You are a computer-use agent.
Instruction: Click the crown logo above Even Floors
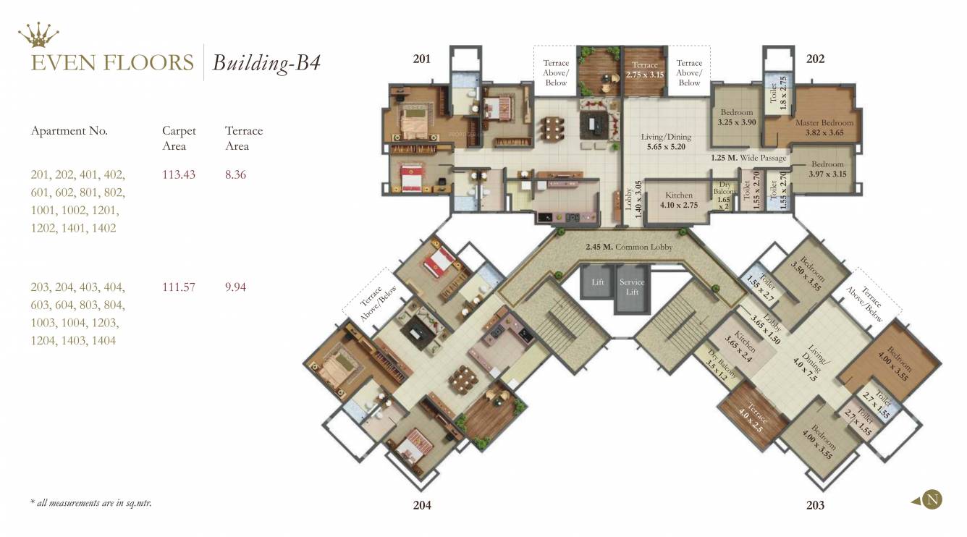(x=38, y=33)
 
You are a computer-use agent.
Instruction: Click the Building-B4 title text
(x=266, y=63)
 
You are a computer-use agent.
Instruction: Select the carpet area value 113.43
(x=179, y=174)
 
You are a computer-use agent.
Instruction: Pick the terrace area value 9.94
(x=235, y=287)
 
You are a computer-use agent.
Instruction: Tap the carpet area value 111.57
(x=179, y=287)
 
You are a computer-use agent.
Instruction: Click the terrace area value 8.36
(x=235, y=174)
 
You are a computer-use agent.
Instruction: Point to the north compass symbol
(x=932, y=499)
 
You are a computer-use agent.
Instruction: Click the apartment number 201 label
(x=422, y=59)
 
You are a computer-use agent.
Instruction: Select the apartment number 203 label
(x=815, y=505)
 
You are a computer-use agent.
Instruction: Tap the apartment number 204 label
(x=422, y=505)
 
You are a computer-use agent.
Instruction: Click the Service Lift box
(x=632, y=287)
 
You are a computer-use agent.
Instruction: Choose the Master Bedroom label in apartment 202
(x=824, y=127)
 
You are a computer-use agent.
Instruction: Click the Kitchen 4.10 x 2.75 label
(x=678, y=200)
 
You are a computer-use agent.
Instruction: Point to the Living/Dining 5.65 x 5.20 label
(x=666, y=141)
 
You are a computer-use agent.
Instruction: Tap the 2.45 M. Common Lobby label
(x=629, y=247)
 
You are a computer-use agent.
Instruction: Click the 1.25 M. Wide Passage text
(x=748, y=156)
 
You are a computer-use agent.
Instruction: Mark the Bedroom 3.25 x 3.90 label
(x=736, y=118)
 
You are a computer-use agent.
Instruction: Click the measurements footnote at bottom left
(x=91, y=502)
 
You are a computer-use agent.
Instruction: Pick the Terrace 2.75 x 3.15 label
(x=644, y=69)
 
